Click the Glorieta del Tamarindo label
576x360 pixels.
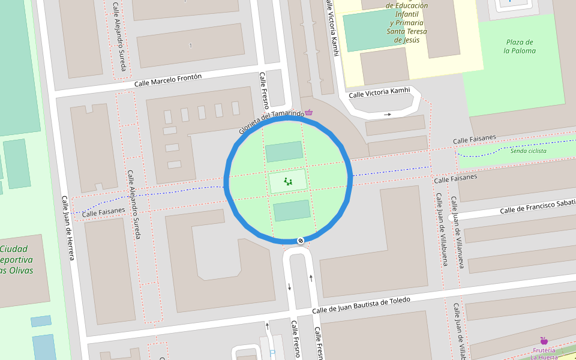271,122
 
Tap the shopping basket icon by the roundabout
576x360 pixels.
309,112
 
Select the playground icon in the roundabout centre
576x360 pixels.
287,181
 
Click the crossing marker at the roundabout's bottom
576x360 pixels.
301,241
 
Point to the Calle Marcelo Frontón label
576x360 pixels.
168,80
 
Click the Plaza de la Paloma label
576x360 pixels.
520,46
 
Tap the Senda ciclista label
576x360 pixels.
528,151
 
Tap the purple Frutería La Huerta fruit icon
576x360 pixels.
544,341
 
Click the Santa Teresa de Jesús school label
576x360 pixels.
407,23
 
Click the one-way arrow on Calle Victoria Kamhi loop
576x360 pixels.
388,113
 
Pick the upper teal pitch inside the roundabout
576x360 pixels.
284,152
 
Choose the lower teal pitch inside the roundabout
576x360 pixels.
292,211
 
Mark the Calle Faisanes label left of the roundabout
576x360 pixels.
104,212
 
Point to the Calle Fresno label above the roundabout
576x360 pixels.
263,90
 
